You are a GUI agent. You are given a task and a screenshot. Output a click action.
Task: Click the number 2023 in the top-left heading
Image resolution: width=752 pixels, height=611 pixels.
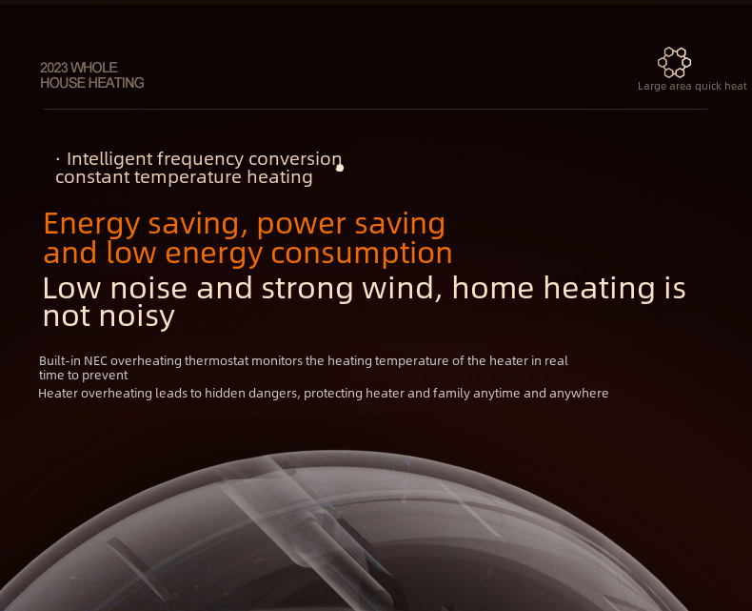pyautogui.click(x=54, y=68)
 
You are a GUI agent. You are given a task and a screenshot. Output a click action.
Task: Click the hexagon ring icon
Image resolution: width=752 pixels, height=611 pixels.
pyautogui.click(x=674, y=62)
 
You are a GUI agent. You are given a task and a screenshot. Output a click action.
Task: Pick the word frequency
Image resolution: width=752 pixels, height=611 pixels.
pyautogui.click(x=201, y=159)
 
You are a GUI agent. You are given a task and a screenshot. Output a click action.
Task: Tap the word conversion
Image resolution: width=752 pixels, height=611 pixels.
pyautogui.click(x=295, y=159)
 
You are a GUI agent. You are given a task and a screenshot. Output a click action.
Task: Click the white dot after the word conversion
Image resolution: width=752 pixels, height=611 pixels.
pyautogui.click(x=340, y=168)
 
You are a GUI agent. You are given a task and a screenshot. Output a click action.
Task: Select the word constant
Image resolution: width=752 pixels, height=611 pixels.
pyautogui.click(x=93, y=177)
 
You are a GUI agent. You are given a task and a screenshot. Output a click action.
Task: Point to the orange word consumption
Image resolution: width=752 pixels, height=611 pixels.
pyautogui.click(x=362, y=254)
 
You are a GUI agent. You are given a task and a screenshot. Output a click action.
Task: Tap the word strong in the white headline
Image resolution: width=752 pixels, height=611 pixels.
pyautogui.click(x=307, y=289)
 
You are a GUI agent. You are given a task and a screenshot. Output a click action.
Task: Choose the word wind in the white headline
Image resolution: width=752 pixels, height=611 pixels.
pyautogui.click(x=402, y=288)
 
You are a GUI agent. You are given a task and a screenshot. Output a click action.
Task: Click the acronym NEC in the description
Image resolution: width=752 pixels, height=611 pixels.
pyautogui.click(x=95, y=360)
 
